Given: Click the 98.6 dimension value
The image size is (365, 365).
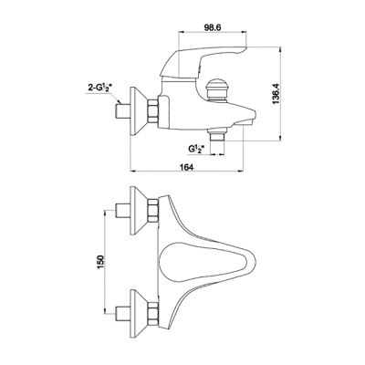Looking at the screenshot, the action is [213, 27].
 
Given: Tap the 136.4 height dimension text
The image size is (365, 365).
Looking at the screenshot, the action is [276, 94].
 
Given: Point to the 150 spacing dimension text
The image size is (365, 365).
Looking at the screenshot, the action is [100, 262].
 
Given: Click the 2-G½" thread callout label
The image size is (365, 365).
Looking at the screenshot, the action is [100, 89].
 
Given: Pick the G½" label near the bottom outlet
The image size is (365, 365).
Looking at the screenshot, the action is [197, 149].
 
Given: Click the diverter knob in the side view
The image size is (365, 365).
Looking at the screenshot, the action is [216, 90].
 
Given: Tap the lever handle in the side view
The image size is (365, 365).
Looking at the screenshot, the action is [203, 62].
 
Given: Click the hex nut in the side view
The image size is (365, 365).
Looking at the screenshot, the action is [153, 111].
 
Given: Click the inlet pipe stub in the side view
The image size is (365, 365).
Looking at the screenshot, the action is [123, 111].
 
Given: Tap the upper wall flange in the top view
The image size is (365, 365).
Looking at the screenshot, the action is [139, 210].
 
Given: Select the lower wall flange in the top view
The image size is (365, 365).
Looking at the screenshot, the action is [139, 314].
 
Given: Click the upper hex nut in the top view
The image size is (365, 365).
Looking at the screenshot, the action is [153, 210].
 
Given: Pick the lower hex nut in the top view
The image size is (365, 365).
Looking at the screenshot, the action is [153, 314].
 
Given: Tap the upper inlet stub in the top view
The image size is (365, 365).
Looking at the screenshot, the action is [123, 210].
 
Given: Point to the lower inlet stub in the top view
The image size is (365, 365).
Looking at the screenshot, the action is [123, 314].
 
